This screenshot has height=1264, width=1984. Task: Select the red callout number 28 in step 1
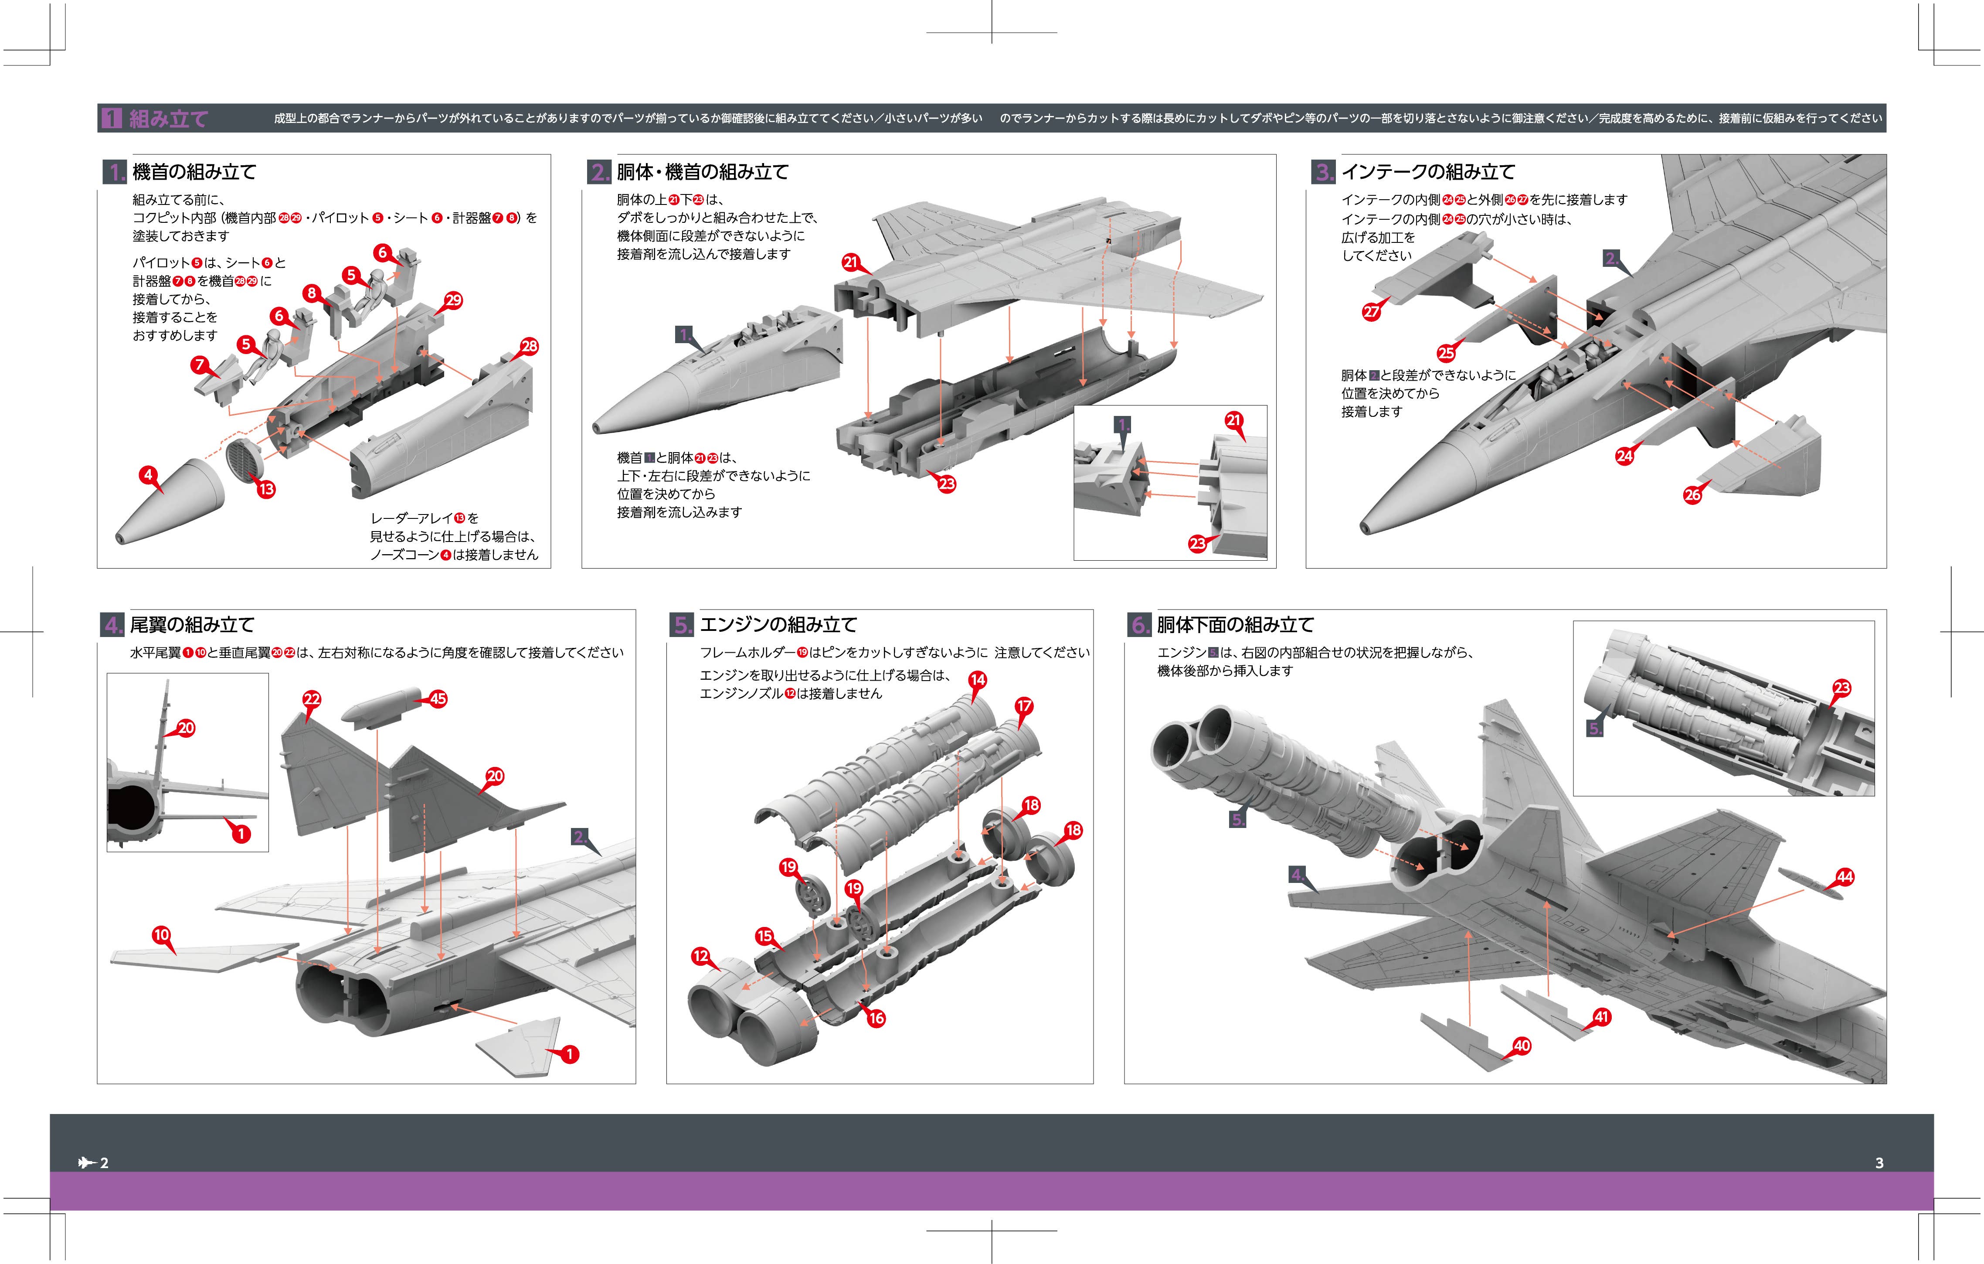pyautogui.click(x=529, y=347)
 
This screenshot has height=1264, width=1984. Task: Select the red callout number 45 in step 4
pyautogui.click(x=438, y=699)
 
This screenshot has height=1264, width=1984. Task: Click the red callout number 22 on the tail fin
pyautogui.click(x=312, y=699)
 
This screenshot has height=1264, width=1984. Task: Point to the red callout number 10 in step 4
pyautogui.click(x=162, y=935)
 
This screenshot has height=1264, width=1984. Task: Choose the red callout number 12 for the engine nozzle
pyautogui.click(x=700, y=956)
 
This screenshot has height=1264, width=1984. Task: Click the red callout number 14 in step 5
pyautogui.click(x=978, y=680)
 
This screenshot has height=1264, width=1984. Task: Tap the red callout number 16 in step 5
pyautogui.click(x=876, y=1019)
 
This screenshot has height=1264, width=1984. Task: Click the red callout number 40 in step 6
pyautogui.click(x=1522, y=1046)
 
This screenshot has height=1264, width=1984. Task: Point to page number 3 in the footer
pyautogui.click(x=1879, y=1163)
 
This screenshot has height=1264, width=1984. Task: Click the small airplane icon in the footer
pyautogui.click(x=86, y=1163)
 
